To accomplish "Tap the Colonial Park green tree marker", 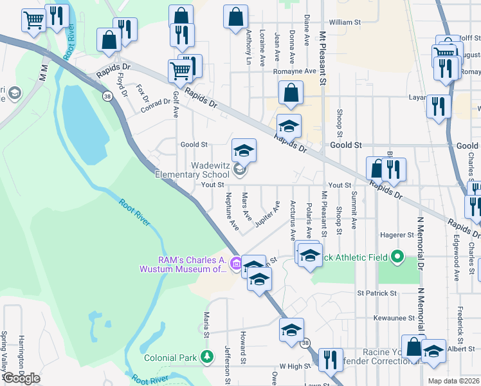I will pyautogui.click(x=207, y=356).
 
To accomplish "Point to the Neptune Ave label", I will pyautogui.click(x=231, y=211).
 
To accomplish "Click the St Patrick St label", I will pyautogui.click(x=377, y=293).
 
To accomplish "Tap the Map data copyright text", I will pyautogui.click(x=455, y=381).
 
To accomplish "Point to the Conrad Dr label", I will pyautogui.click(x=154, y=106).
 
